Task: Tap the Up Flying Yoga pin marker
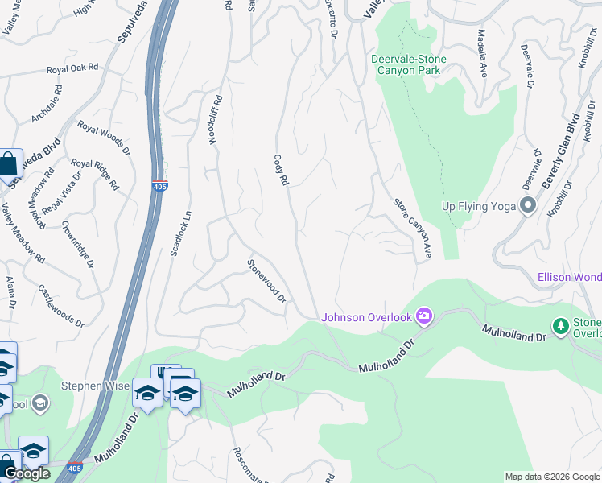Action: (x=528, y=205)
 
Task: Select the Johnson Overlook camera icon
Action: (x=424, y=316)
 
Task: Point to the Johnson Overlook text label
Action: (x=367, y=317)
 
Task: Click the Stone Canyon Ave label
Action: (x=413, y=228)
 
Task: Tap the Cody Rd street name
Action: (x=281, y=171)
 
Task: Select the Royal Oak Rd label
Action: (x=72, y=70)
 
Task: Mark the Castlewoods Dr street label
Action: (x=61, y=304)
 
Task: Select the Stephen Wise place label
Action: (x=95, y=386)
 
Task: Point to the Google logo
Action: (x=27, y=473)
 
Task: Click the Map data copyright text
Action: (x=551, y=477)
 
